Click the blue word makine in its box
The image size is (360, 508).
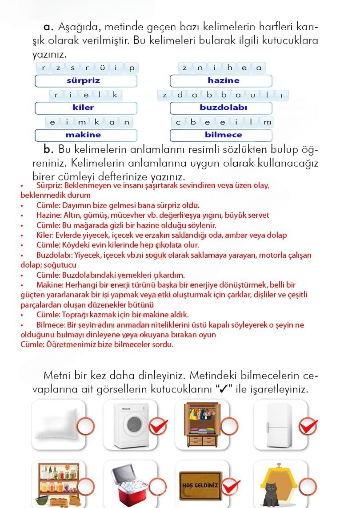tap(84, 135)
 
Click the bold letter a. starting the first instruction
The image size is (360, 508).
tap(49, 27)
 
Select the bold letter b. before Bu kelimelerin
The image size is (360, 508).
tap(48, 148)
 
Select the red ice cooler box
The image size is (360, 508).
tap(129, 487)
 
